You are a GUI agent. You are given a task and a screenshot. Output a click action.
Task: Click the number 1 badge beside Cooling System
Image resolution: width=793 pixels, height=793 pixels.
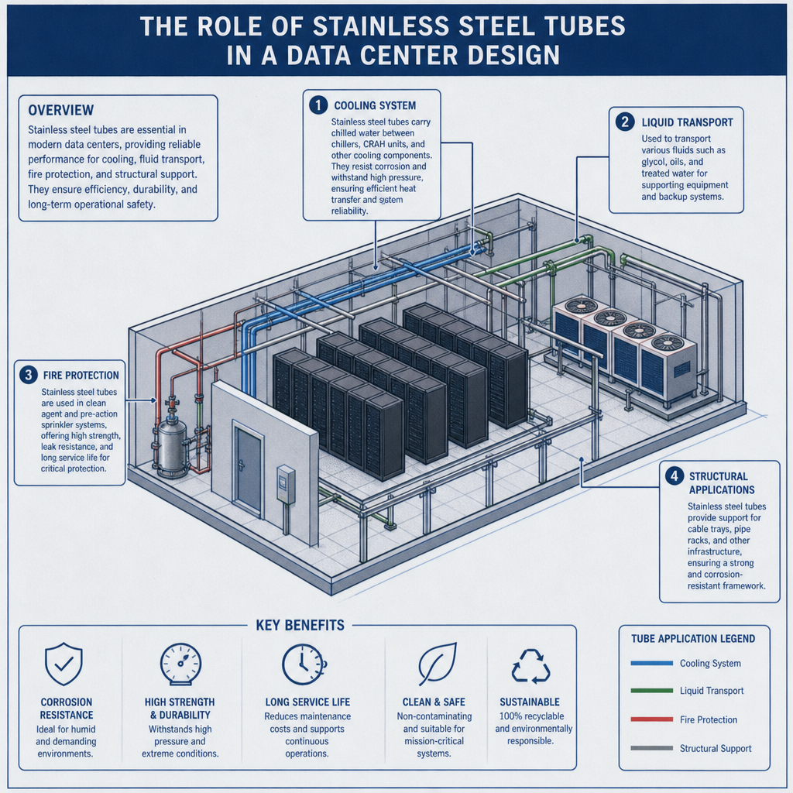point(318,105)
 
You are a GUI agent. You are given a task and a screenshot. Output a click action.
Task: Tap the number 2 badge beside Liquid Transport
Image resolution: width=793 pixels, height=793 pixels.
point(625,122)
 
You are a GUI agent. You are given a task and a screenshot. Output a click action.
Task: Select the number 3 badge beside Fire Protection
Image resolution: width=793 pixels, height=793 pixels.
point(29,375)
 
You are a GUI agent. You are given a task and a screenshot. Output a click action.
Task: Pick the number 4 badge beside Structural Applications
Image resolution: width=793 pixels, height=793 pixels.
point(675,476)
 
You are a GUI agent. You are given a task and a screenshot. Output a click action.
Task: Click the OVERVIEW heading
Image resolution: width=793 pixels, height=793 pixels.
point(60,110)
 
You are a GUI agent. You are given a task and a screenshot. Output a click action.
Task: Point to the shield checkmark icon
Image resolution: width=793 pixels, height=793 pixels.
point(64,664)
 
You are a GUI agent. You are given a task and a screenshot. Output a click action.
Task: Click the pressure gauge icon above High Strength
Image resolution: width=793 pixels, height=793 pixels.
point(180,664)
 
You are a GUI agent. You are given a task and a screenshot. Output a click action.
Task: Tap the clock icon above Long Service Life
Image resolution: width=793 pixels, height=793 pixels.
point(304,664)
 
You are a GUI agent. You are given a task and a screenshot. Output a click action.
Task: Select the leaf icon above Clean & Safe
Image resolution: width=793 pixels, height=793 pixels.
point(438,664)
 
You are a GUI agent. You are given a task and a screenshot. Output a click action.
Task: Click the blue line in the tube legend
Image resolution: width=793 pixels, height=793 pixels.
point(651,663)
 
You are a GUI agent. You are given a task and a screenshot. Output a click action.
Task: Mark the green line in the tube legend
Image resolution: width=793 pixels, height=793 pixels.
point(651,690)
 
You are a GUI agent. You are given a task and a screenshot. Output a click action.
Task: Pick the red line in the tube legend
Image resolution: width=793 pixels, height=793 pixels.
point(651,719)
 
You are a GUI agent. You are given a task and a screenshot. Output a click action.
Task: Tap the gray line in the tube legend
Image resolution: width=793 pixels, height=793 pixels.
point(651,748)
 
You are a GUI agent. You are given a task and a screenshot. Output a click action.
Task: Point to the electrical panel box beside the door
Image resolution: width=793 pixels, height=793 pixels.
point(286,485)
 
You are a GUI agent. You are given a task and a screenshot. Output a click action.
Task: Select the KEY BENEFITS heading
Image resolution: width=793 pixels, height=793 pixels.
point(300,626)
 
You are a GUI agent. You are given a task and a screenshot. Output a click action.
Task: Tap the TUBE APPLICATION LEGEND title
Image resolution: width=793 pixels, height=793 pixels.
point(693,639)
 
